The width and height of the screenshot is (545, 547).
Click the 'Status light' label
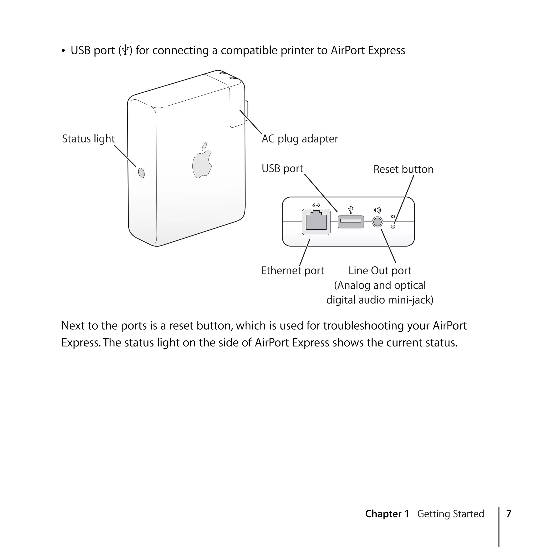[88, 139]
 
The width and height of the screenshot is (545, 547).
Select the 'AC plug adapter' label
[300, 139]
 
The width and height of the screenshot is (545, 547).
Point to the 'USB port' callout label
[282, 169]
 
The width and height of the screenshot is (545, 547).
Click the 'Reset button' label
[403, 169]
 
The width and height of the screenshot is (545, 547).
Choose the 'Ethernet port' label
[292, 271]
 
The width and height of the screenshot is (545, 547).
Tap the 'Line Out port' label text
[380, 271]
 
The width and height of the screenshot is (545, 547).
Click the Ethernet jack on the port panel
[316, 222]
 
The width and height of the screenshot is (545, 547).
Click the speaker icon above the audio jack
[377, 210]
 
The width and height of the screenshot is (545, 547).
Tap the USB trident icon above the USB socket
[350, 210]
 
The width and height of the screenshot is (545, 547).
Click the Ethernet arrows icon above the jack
[316, 205]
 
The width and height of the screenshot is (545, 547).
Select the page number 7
[509, 514]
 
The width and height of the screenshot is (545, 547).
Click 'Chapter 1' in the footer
[387, 514]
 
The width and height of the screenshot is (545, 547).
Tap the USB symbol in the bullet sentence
[125, 50]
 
